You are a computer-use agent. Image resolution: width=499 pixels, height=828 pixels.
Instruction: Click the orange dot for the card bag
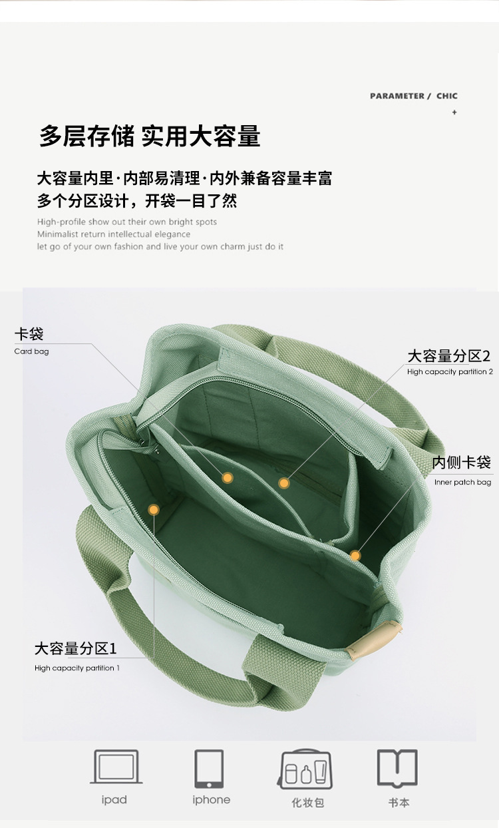point(228,478)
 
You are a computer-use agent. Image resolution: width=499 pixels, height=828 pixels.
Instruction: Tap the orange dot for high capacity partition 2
point(284,483)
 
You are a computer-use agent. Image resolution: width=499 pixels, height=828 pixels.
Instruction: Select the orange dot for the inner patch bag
point(355,555)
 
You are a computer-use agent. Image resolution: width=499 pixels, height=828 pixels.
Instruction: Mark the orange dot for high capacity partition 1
point(154,510)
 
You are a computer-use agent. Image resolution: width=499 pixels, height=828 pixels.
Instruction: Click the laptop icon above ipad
point(116,767)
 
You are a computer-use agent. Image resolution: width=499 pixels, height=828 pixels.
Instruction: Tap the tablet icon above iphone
point(209,769)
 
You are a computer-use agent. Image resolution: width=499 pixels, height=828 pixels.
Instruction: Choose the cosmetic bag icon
point(305,769)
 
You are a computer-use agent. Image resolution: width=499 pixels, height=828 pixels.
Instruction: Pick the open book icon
point(397,767)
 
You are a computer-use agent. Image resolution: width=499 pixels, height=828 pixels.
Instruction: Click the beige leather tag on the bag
point(373,640)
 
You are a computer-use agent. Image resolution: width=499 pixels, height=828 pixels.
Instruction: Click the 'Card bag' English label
point(31,351)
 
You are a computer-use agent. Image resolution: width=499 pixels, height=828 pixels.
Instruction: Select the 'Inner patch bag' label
point(463,482)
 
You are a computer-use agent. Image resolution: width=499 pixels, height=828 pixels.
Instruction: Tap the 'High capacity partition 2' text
point(450,372)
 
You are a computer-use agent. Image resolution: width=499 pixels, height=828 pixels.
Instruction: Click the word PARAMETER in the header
point(397,96)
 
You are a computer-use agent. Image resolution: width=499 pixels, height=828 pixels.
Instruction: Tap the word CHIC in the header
point(447,96)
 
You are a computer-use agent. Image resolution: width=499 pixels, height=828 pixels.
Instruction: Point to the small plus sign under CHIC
point(454,112)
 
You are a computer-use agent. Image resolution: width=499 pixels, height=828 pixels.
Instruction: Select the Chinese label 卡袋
point(29,334)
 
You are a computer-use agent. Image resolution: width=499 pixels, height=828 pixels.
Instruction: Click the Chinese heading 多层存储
point(86,136)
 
